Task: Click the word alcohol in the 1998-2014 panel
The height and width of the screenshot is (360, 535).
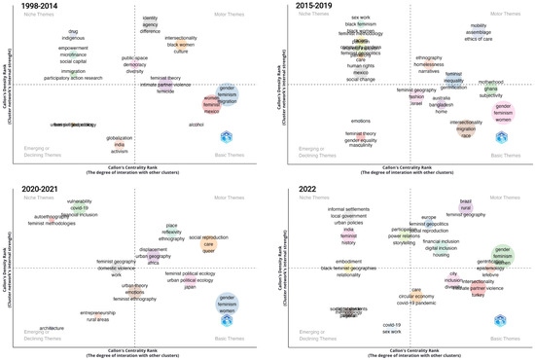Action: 195,125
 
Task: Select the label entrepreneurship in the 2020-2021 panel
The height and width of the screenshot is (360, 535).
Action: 97,312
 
